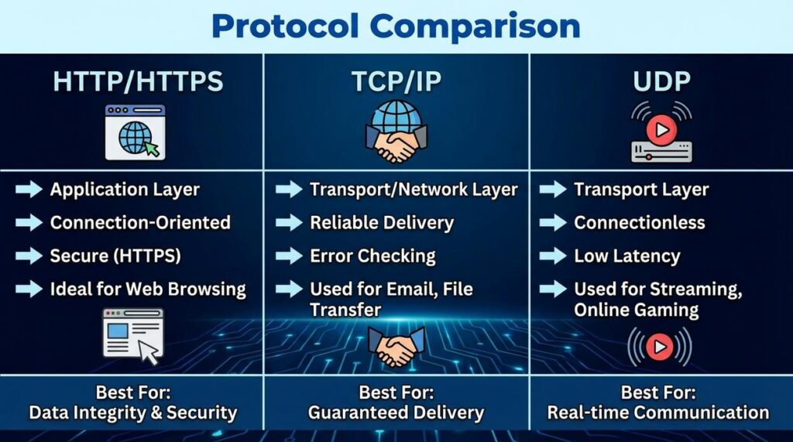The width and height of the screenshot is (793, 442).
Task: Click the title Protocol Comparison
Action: [396, 26]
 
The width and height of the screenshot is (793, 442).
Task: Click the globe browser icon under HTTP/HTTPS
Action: [135, 133]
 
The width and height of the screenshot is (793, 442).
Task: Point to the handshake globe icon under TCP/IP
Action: [396, 132]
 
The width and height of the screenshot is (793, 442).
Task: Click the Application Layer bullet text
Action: [125, 190]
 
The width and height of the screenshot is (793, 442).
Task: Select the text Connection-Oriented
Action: [140, 223]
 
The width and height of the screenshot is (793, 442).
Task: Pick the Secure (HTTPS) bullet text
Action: [115, 255]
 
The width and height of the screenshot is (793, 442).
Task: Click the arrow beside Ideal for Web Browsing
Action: [29, 290]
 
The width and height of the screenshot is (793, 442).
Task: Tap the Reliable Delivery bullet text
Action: [382, 223]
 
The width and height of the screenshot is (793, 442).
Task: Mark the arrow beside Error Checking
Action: [289, 255]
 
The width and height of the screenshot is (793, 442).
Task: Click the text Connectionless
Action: [640, 223]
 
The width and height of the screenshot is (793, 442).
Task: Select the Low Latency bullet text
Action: [627, 255]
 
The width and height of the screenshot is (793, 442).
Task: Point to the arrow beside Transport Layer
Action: [553, 190]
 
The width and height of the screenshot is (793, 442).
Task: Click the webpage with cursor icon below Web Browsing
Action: [133, 334]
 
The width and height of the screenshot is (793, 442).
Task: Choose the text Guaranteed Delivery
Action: [396, 413]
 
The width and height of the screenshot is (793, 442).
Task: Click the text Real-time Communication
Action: [658, 413]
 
